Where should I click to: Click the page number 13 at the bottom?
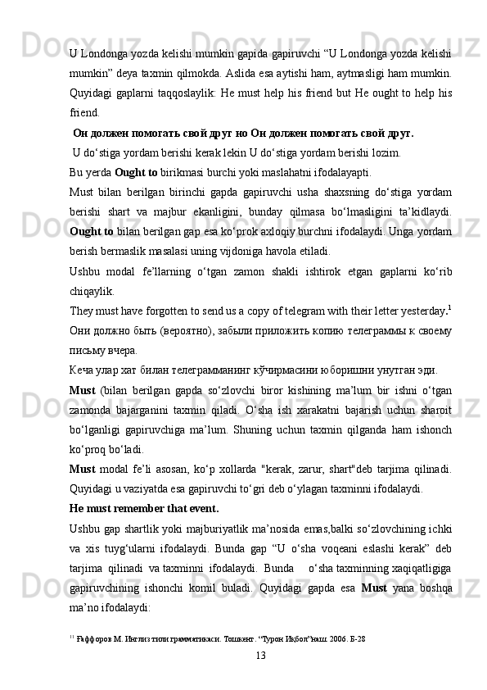(260, 655)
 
